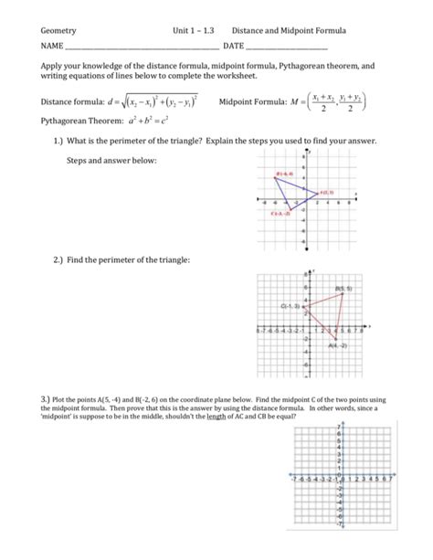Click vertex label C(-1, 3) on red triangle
pyautogui.click(x=291, y=305)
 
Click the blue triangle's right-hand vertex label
pyautogui.click(x=326, y=192)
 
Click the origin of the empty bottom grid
pyautogui.click(x=340, y=476)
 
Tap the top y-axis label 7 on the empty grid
pyautogui.click(x=339, y=427)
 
